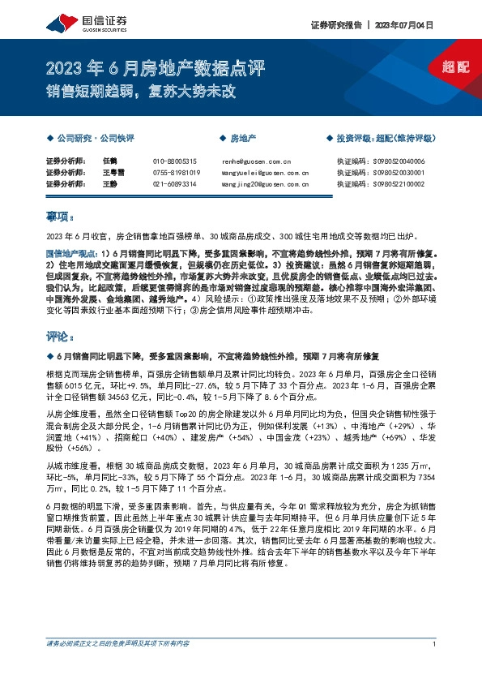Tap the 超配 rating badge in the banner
[456, 67]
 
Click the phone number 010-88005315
[174, 161]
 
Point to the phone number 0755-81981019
[176, 173]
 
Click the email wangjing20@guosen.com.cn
[265, 184]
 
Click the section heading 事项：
[59, 217]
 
